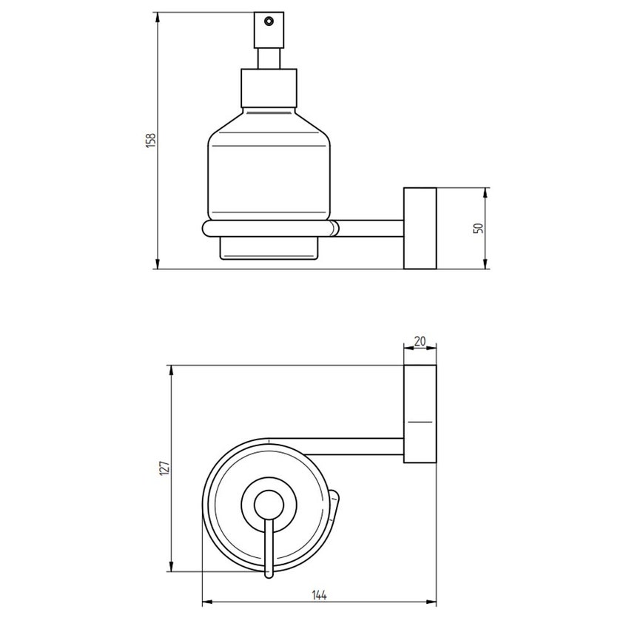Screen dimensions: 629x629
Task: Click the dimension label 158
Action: coord(150,141)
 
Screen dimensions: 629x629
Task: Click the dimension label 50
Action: coord(478,228)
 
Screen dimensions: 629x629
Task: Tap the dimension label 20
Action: coord(420,341)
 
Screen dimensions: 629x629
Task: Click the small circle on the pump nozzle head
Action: coord(269,21)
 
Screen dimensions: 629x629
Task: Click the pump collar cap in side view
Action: coord(269,87)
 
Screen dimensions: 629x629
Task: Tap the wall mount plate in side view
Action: coord(420,228)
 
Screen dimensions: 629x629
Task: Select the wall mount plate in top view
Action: coord(420,414)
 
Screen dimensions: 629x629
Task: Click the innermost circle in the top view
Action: coord(265,506)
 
